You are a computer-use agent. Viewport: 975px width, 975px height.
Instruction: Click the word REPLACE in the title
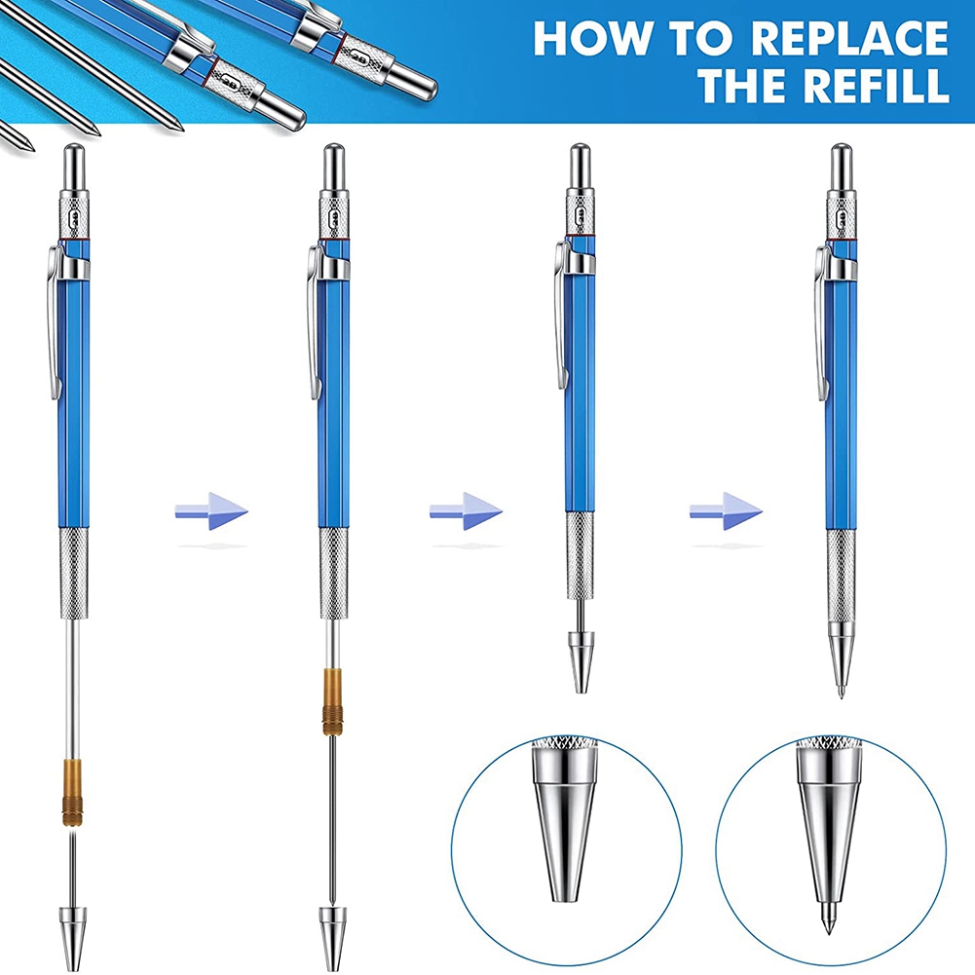coord(850,38)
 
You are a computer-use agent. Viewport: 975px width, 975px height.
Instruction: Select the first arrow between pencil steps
coord(211,511)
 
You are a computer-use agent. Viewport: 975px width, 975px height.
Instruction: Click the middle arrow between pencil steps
coord(466,511)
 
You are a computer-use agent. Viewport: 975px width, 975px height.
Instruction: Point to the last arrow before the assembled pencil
coord(726,511)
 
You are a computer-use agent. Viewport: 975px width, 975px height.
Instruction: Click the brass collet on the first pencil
coord(72,792)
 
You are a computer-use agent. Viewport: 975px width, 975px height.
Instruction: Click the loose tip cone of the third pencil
coord(581,663)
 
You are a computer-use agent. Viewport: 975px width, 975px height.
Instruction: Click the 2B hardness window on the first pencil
coord(74,217)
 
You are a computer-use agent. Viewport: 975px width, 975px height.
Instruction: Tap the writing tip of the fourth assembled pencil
coord(842,692)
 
